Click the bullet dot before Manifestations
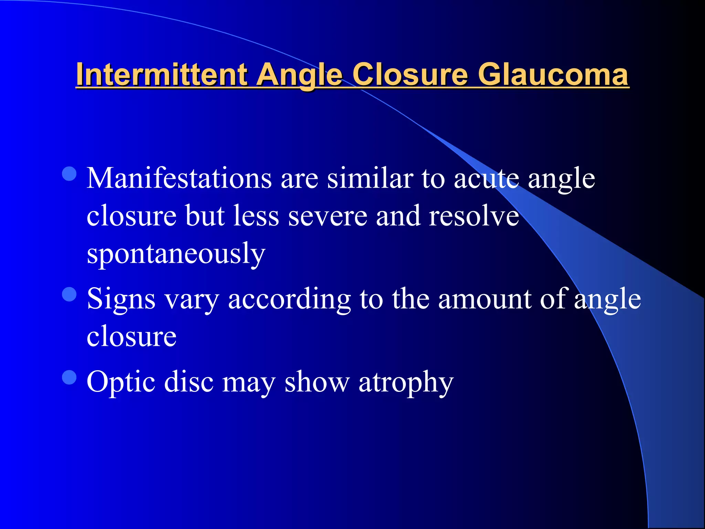[69, 174]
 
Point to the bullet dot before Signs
[69, 294]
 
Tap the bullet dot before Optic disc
[69, 377]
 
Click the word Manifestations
[179, 178]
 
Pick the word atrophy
[406, 382]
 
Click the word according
[289, 299]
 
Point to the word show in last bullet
[317, 382]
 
